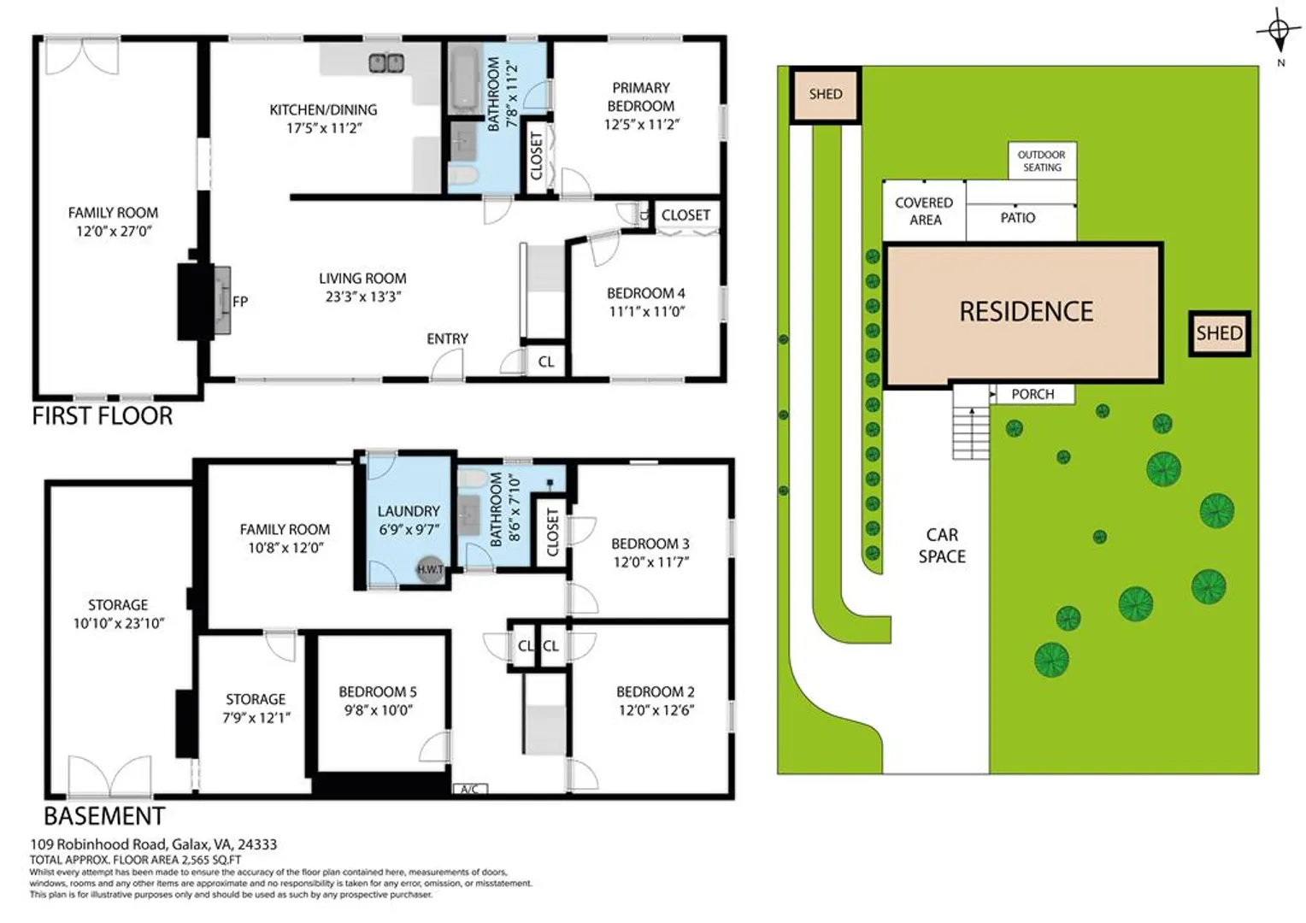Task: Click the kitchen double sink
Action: coord(386,63)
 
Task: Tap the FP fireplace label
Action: coord(240,302)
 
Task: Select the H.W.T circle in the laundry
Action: coord(430,569)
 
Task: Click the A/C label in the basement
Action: coord(470,790)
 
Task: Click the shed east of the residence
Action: coord(1220,333)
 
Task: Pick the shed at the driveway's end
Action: coord(826,95)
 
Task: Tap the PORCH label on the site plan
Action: coord(1032,394)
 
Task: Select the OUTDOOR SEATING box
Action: coord(1042,161)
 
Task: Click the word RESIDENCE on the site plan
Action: coord(1027,312)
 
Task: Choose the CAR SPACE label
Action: coord(942,546)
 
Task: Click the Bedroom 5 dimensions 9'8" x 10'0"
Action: coord(378,710)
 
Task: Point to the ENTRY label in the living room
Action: coord(447,338)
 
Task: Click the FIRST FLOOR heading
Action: coord(103,416)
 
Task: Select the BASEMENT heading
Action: coord(104,816)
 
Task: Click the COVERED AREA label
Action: coord(925,211)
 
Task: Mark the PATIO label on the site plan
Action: coord(1018,218)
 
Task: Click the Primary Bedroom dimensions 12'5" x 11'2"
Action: coord(641,124)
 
